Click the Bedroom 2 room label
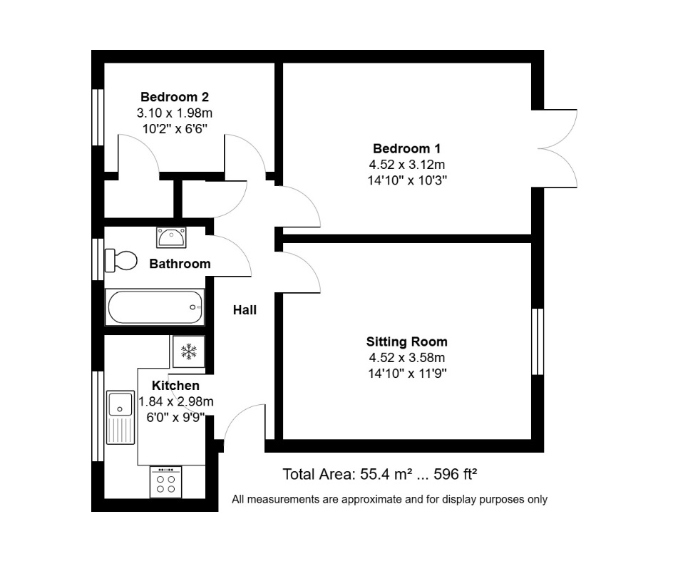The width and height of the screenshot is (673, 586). (174, 97)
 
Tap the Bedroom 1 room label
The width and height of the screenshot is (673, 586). (406, 149)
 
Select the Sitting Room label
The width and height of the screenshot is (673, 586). (406, 341)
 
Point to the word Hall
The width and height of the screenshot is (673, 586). (245, 310)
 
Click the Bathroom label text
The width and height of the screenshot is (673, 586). (180, 264)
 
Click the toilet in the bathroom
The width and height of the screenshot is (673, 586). (120, 259)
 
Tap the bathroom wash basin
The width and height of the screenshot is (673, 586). (171, 236)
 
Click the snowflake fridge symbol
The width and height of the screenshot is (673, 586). (188, 351)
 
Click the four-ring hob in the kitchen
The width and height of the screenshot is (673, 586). (165, 483)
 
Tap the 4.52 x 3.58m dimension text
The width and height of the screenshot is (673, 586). (406, 357)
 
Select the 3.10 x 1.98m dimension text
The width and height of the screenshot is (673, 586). (174, 113)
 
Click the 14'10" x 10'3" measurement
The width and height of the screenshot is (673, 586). (406, 180)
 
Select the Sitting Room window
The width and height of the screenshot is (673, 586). (538, 341)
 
